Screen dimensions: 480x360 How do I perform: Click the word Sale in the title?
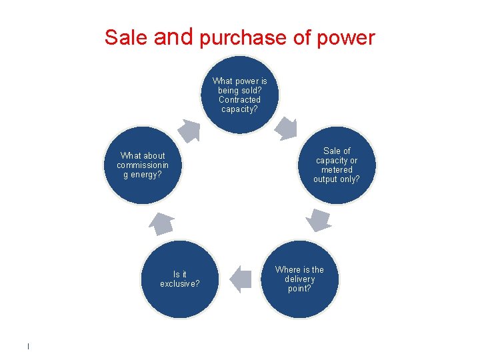(x=127, y=37)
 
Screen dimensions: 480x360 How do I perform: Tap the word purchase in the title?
(x=244, y=39)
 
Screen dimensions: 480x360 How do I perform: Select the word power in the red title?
(x=347, y=39)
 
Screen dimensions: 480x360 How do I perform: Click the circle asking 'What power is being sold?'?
(x=239, y=94)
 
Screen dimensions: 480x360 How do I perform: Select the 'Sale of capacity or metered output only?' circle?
(x=336, y=165)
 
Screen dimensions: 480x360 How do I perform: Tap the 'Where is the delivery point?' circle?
(x=299, y=279)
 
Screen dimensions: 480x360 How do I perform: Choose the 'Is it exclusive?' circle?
(x=180, y=279)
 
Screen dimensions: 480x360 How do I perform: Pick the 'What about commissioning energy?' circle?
(x=143, y=165)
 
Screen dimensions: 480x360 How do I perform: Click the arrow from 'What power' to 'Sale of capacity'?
(x=287, y=128)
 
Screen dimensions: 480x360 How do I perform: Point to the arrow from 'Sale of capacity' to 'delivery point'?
(x=319, y=219)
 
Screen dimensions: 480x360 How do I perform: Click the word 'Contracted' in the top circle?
(x=239, y=100)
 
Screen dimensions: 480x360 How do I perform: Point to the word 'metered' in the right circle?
(x=336, y=170)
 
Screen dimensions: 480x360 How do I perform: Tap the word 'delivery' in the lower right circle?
(x=299, y=279)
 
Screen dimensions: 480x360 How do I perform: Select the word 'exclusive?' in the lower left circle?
(x=180, y=284)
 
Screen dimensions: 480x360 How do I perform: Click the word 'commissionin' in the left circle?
(x=143, y=165)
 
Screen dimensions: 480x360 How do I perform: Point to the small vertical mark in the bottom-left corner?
(x=28, y=346)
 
